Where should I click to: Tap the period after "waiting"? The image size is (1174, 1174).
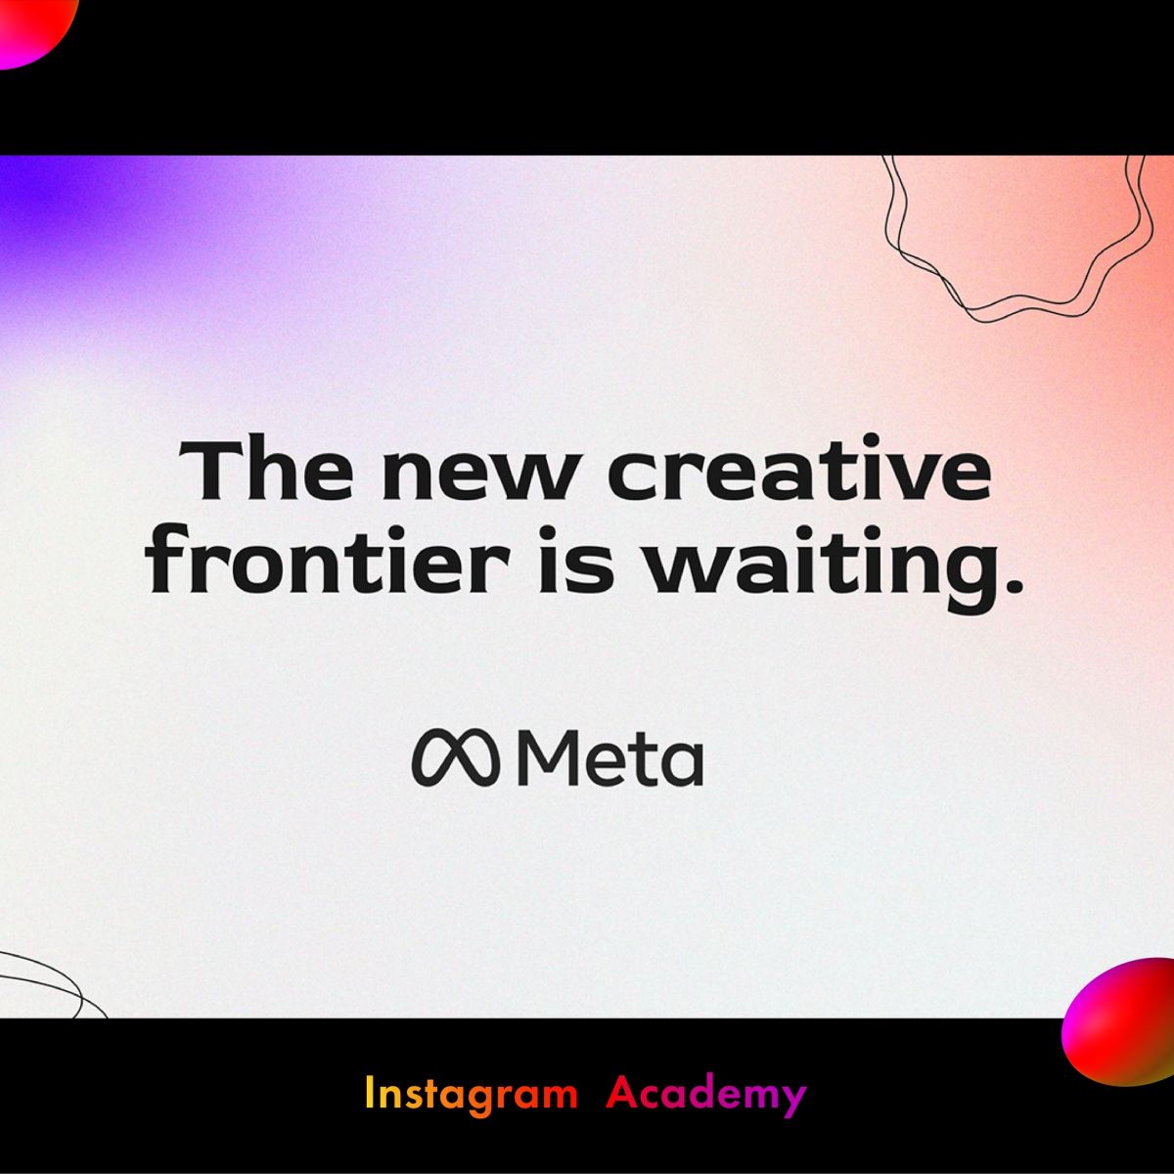click(1010, 584)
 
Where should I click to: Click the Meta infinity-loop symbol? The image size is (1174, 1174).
click(456, 756)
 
